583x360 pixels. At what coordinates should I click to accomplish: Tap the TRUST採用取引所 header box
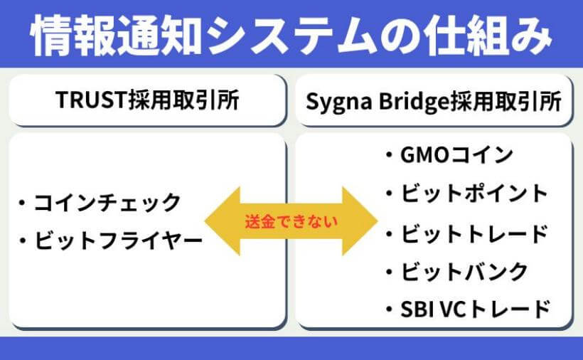point(147,101)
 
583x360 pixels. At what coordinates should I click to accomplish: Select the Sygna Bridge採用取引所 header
point(434,101)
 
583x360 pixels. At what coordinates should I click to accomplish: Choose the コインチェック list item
point(107,203)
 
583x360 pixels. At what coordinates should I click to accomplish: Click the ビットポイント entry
point(473,193)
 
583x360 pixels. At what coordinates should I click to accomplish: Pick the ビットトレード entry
point(473,232)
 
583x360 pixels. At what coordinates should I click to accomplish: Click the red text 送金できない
point(291,221)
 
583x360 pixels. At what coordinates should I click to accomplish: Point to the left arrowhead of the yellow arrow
point(220,221)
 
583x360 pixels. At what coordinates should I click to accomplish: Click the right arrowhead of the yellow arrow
point(363,221)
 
